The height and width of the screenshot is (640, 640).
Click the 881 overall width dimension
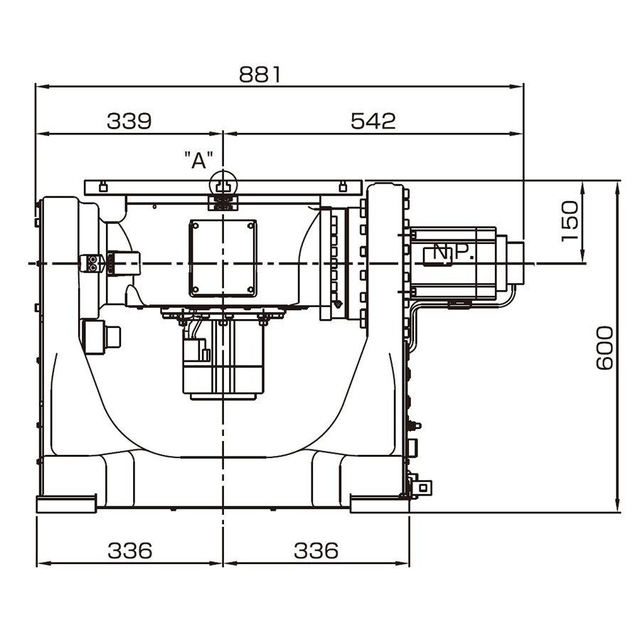[260, 75]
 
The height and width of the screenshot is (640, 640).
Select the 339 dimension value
[129, 121]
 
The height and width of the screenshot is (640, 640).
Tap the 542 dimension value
[373, 121]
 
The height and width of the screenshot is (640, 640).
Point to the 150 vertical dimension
[570, 221]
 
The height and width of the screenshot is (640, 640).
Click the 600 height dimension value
[604, 348]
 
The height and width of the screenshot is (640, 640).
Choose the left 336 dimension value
[130, 550]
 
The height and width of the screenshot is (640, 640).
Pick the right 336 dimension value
[316, 550]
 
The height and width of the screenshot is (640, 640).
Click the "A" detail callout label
[199, 161]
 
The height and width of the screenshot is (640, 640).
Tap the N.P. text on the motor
[453, 253]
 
